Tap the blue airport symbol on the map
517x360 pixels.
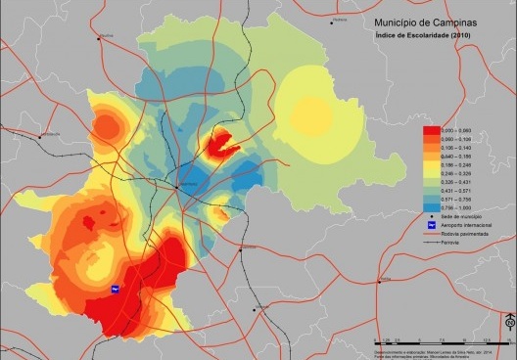[114, 289]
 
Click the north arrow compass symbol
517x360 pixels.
[508, 322]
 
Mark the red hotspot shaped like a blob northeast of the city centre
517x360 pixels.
[223, 144]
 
